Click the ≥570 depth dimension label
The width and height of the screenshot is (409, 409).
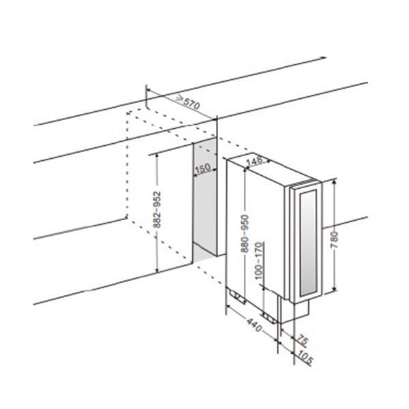click(x=188, y=102)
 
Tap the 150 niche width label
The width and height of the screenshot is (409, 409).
click(x=202, y=168)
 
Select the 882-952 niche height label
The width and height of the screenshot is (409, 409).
click(x=157, y=210)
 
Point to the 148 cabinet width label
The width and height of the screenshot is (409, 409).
click(x=254, y=161)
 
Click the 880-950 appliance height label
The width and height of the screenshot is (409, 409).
click(x=245, y=233)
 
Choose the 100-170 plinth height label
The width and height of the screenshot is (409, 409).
click(x=258, y=260)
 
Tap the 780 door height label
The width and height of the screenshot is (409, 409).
click(x=334, y=240)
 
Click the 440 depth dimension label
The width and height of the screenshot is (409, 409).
click(x=254, y=325)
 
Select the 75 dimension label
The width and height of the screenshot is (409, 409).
click(x=303, y=341)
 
